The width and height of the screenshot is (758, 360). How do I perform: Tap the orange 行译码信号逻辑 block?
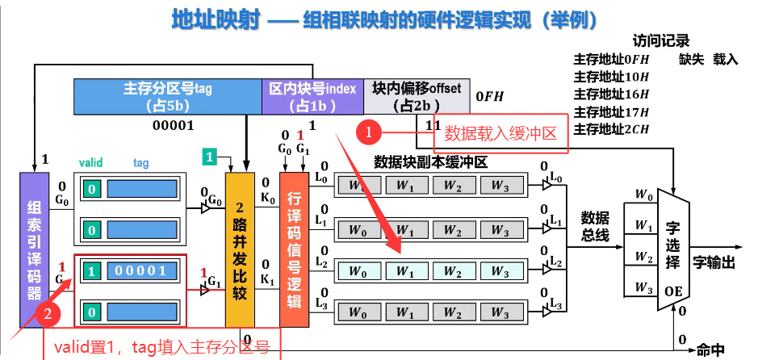click(295, 242)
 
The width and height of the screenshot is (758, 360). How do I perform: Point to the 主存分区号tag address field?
click(168, 97)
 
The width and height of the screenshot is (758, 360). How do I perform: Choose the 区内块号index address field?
click(312, 97)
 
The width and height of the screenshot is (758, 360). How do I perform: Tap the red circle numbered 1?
click(368, 130)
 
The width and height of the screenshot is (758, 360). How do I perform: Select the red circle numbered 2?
click(51, 313)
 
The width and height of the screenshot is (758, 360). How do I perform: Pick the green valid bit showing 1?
click(93, 271)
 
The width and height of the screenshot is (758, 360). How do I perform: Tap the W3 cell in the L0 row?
click(501, 186)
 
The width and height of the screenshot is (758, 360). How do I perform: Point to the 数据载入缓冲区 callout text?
click(500, 133)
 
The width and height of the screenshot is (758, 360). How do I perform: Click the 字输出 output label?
click(714, 262)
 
